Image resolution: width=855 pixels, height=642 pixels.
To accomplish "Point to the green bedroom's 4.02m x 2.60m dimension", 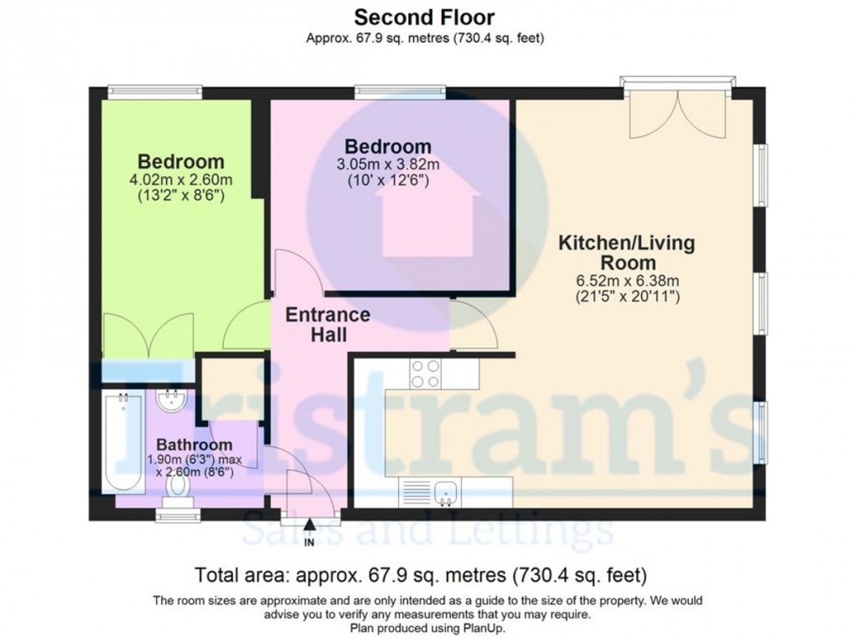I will coord(181,180).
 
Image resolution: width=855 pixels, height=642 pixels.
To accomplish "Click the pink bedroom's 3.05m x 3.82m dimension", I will coord(387,164).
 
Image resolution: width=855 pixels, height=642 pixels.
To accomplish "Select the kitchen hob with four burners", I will coord(426,373).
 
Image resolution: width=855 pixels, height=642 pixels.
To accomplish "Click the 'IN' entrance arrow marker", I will coord(309,532).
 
